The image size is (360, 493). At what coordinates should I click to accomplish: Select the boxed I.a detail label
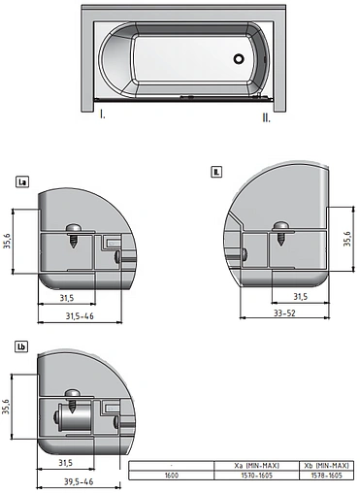pyautogui.click(x=22, y=181)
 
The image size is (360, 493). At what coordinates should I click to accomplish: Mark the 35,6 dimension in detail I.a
pyautogui.click(x=9, y=242)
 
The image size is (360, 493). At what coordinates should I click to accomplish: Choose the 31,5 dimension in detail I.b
pyautogui.click(x=66, y=462)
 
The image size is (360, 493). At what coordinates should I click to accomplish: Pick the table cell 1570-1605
pyautogui.click(x=240, y=477)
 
